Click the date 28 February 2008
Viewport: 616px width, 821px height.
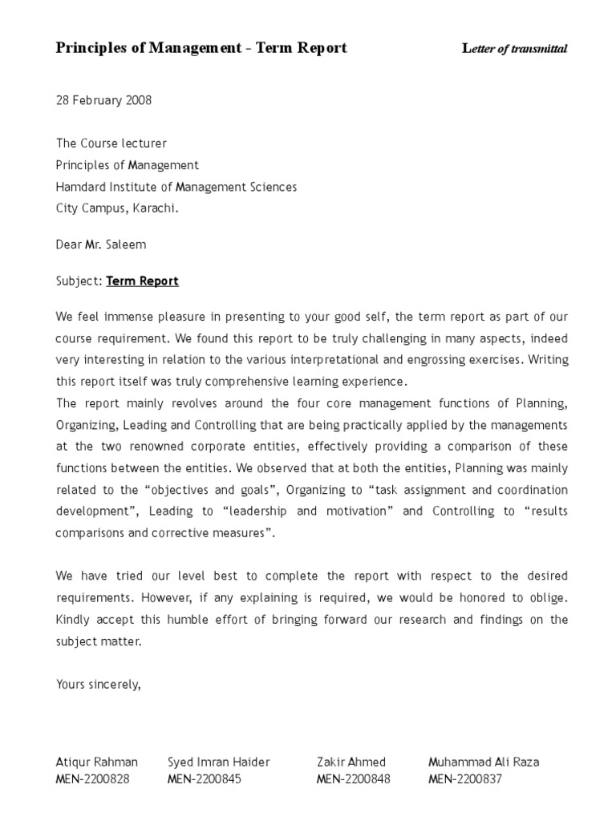[103, 100]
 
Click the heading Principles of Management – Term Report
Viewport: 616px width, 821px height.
[201, 48]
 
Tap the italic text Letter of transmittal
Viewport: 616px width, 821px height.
[515, 49]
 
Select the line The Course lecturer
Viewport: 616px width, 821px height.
[111, 144]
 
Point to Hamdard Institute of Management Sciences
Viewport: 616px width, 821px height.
[176, 187]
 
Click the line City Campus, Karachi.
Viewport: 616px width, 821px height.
[117, 208]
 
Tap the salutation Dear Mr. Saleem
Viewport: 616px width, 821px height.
[101, 245]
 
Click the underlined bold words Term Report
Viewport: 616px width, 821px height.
[142, 281]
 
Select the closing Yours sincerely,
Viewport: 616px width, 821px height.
[99, 684]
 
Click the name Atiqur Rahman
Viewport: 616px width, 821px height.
[96, 762]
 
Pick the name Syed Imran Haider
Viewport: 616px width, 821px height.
[218, 762]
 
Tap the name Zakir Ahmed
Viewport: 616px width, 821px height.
[351, 762]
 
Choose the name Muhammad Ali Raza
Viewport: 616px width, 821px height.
[484, 762]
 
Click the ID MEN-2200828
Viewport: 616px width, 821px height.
[92, 779]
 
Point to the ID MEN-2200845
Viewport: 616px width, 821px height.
[204, 779]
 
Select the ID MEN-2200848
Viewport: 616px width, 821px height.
[354, 779]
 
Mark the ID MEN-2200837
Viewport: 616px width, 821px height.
[465, 779]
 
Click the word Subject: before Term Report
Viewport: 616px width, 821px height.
[79, 281]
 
